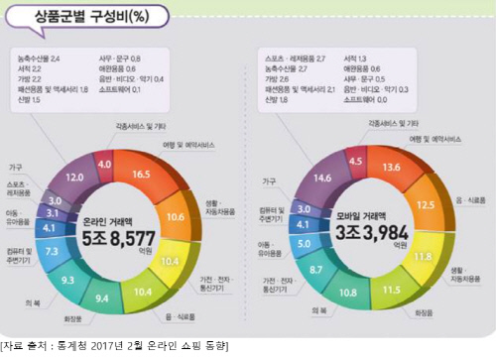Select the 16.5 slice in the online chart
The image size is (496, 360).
140,174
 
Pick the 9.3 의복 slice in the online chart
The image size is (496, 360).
67,281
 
